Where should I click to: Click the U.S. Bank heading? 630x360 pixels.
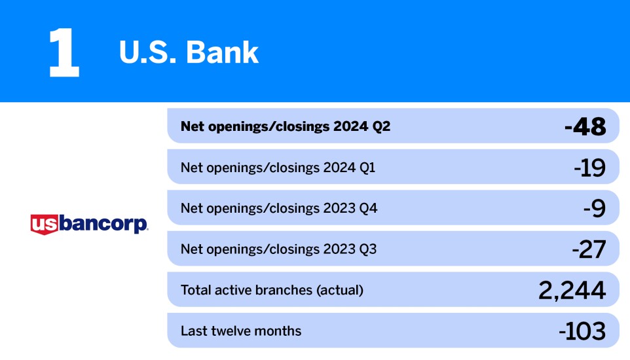[189, 53]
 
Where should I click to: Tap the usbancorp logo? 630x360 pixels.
[89, 225]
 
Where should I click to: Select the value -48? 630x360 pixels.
[585, 126]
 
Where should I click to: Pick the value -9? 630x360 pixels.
[594, 208]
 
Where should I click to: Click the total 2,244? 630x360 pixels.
[571, 290]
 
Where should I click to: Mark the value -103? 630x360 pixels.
[582, 331]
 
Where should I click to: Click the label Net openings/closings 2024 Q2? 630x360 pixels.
[286, 126]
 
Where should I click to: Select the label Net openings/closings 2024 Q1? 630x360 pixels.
[278, 168]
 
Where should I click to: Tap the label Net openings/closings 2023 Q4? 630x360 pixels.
[279, 208]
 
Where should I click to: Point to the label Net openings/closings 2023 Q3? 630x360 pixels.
[278, 249]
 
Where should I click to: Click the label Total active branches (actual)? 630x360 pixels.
[272, 290]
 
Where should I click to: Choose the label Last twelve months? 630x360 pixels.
[241, 331]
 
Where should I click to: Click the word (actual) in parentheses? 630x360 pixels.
[340, 290]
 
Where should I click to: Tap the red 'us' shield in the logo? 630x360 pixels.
[45, 225]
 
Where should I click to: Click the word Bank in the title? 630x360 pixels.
[223, 53]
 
